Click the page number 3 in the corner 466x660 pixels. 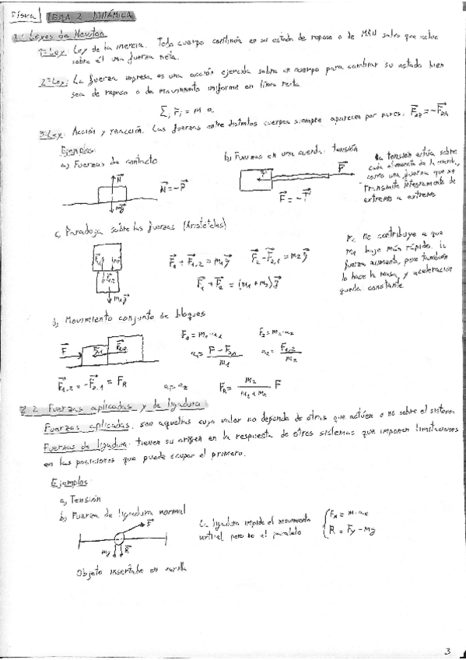pyautogui.click(x=447, y=651)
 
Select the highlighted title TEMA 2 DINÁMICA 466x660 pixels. pyautogui.click(x=89, y=16)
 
